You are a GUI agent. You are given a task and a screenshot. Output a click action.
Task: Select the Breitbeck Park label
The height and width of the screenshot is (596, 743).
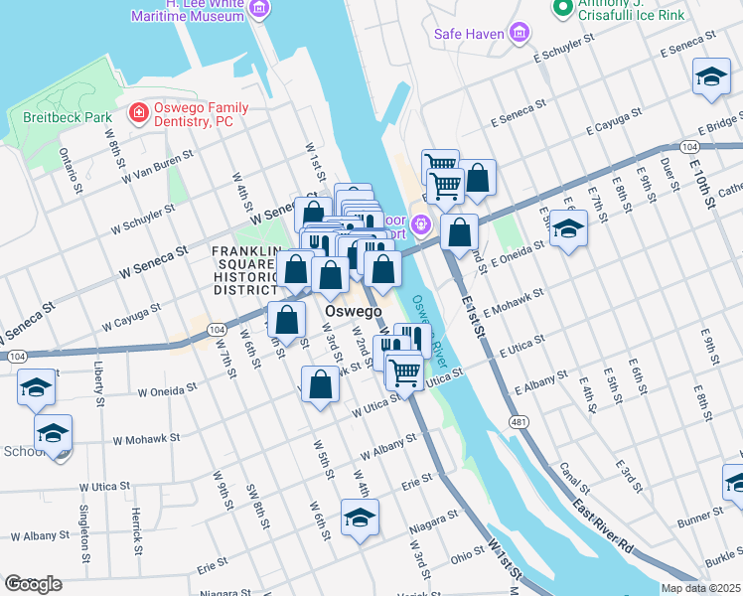pyautogui.click(x=67, y=116)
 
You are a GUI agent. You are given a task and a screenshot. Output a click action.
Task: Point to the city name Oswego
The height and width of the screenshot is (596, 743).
pyautogui.click(x=354, y=312)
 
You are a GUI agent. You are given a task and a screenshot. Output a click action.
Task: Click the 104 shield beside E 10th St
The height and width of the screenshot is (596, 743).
pyautogui.click(x=688, y=146)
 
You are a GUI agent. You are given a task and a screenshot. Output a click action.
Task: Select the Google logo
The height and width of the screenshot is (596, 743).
pyautogui.click(x=33, y=584)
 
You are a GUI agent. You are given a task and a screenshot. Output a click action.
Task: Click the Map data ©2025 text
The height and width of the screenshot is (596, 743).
pyautogui.click(x=700, y=588)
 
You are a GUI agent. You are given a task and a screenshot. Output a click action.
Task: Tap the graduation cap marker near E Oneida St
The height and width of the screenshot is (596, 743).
pyautogui.click(x=568, y=229)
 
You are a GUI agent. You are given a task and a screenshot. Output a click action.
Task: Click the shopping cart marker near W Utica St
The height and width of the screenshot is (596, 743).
pyautogui.click(x=404, y=372)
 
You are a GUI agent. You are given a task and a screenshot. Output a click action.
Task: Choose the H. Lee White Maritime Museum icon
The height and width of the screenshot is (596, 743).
pyautogui.click(x=259, y=10)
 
